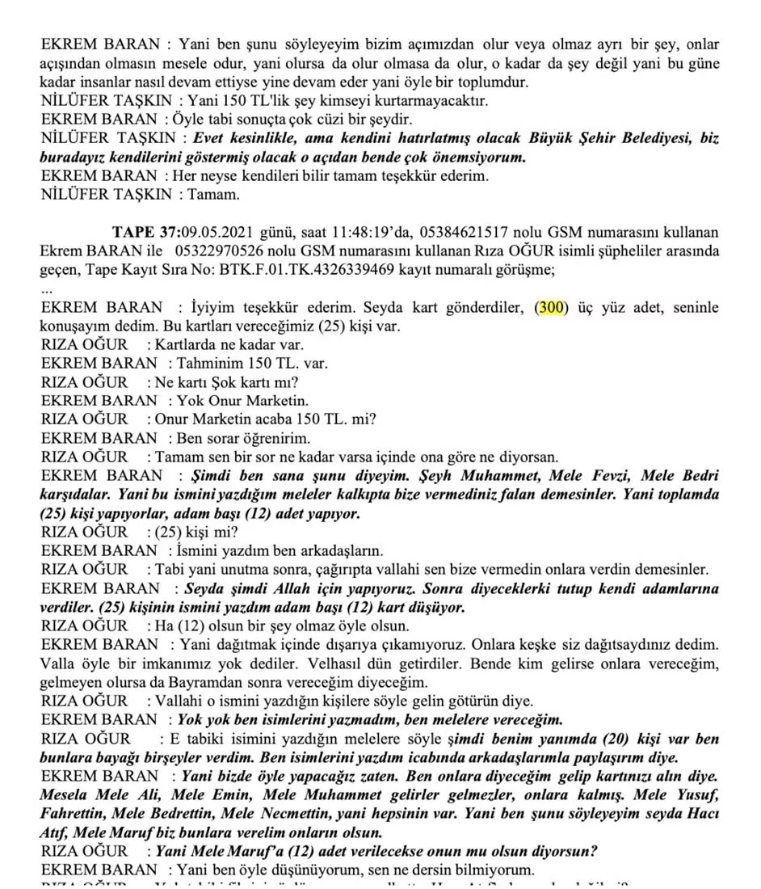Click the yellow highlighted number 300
coord(552,308)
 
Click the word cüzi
coord(313,120)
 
